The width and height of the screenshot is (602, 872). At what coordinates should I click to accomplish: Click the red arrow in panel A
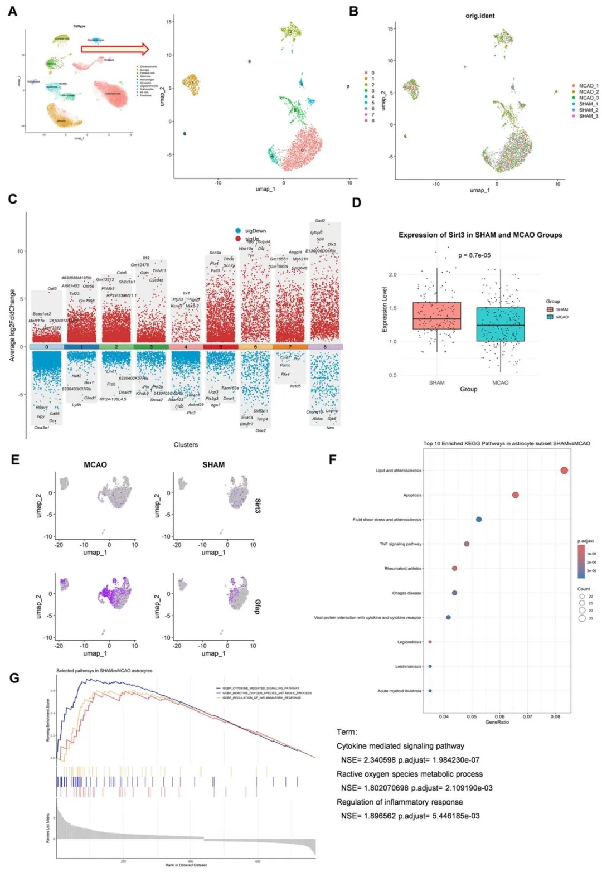[x=115, y=49]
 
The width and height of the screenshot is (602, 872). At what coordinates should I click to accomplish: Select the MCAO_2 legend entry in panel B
[x=588, y=92]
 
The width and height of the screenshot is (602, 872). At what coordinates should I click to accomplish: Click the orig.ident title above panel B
[x=480, y=16]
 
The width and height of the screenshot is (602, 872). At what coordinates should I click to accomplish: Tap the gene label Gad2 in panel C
[x=320, y=221]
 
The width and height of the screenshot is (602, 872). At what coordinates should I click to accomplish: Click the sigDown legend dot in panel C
[x=238, y=231]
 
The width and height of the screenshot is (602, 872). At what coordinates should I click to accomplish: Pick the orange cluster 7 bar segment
[x=290, y=347]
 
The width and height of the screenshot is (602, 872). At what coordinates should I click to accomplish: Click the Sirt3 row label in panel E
[x=258, y=506]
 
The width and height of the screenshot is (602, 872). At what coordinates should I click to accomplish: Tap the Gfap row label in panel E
[x=258, y=607]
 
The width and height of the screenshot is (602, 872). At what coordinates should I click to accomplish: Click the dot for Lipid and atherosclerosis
[x=564, y=471]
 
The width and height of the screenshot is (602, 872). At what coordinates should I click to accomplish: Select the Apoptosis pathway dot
[x=516, y=495]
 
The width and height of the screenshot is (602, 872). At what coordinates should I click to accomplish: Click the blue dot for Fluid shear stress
[x=479, y=520]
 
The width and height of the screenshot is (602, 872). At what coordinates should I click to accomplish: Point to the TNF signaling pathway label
[x=401, y=544]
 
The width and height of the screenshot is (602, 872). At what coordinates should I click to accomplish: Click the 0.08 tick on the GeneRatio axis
[x=555, y=716]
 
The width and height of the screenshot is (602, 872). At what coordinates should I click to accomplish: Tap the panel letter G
[x=14, y=678]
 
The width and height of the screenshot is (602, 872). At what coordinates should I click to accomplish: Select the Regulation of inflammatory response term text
[x=400, y=802]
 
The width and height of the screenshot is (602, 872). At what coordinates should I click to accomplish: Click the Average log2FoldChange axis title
[x=12, y=325]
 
